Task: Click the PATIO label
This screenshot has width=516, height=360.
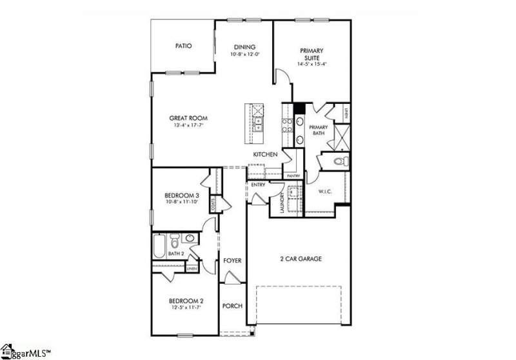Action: pos(184,46)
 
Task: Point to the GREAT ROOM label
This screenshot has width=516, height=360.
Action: pos(188,118)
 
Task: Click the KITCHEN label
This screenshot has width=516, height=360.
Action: pos(265,155)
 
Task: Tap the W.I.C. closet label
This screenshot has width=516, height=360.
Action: pos(324,192)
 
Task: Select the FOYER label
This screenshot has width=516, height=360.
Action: pos(232,261)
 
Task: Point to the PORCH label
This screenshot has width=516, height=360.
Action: pos(232,305)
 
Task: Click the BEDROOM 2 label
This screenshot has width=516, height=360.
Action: pos(186,301)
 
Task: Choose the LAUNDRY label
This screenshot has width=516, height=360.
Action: pos(283,205)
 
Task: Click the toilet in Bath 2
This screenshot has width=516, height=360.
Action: pos(174,244)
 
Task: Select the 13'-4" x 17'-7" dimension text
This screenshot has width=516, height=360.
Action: pos(188,126)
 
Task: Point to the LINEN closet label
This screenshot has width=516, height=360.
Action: pos(192,268)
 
